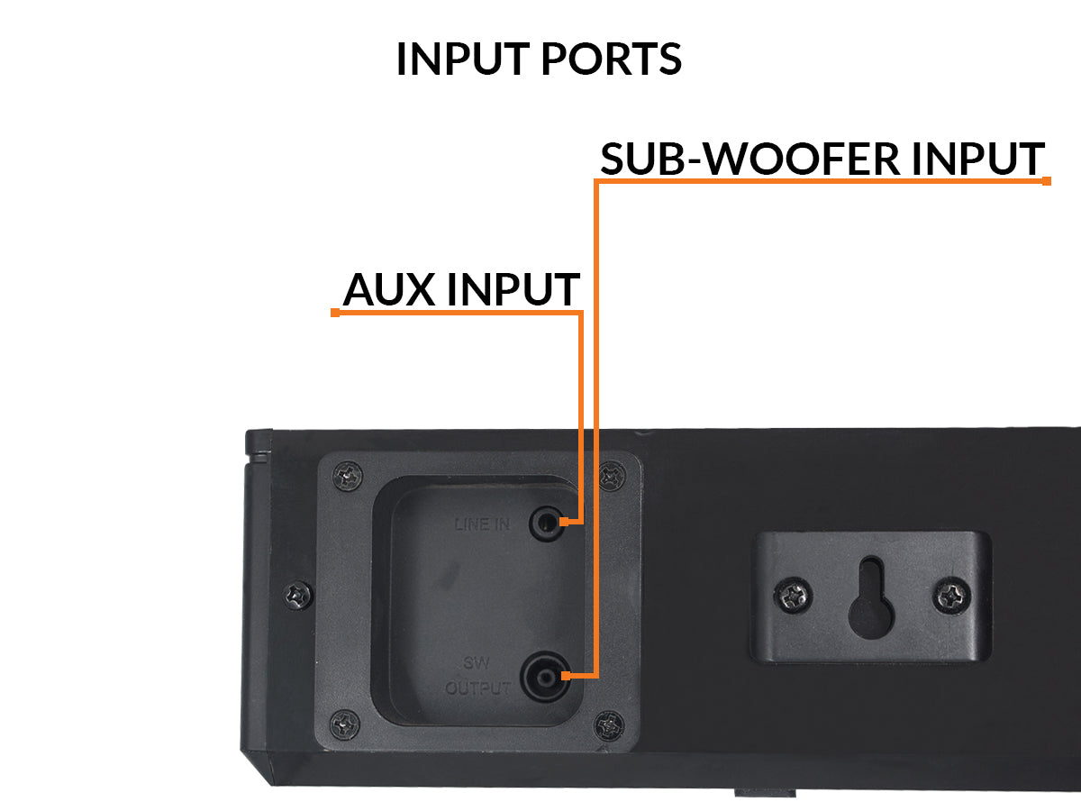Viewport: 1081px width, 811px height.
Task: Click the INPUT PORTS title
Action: pos(539,59)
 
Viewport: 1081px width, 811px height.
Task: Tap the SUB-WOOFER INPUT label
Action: pos(822,159)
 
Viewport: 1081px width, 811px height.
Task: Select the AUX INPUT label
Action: pos(460,289)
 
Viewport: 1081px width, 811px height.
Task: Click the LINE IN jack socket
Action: pos(547,522)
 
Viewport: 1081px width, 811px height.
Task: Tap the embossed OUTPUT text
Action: pos(478,689)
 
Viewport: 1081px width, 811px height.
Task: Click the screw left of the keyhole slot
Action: pos(794,594)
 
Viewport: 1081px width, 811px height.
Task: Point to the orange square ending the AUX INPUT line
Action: pos(335,313)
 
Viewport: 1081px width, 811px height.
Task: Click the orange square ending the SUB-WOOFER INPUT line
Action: pos(1047,181)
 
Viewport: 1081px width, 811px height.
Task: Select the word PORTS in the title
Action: pos(611,59)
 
